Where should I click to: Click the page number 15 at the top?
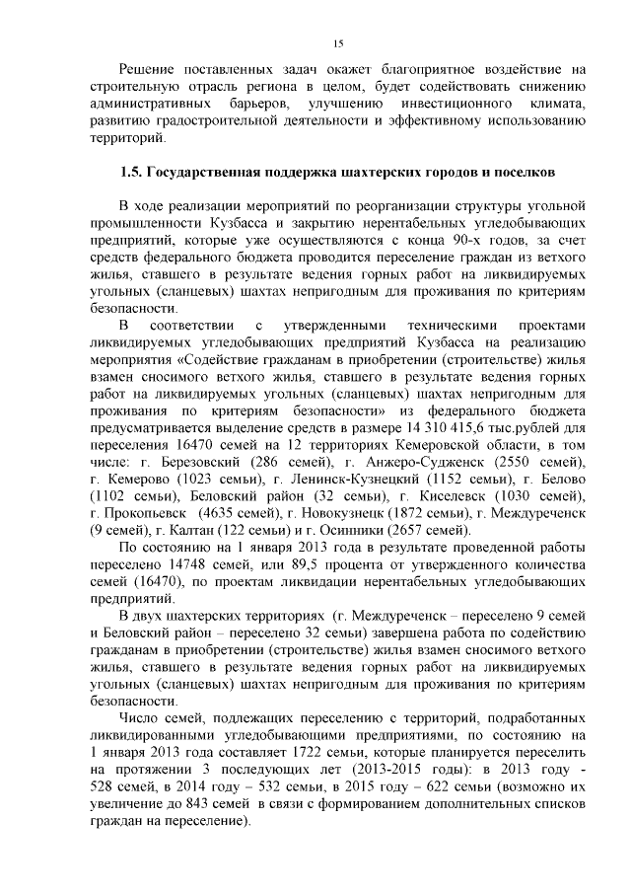coord(337,42)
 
